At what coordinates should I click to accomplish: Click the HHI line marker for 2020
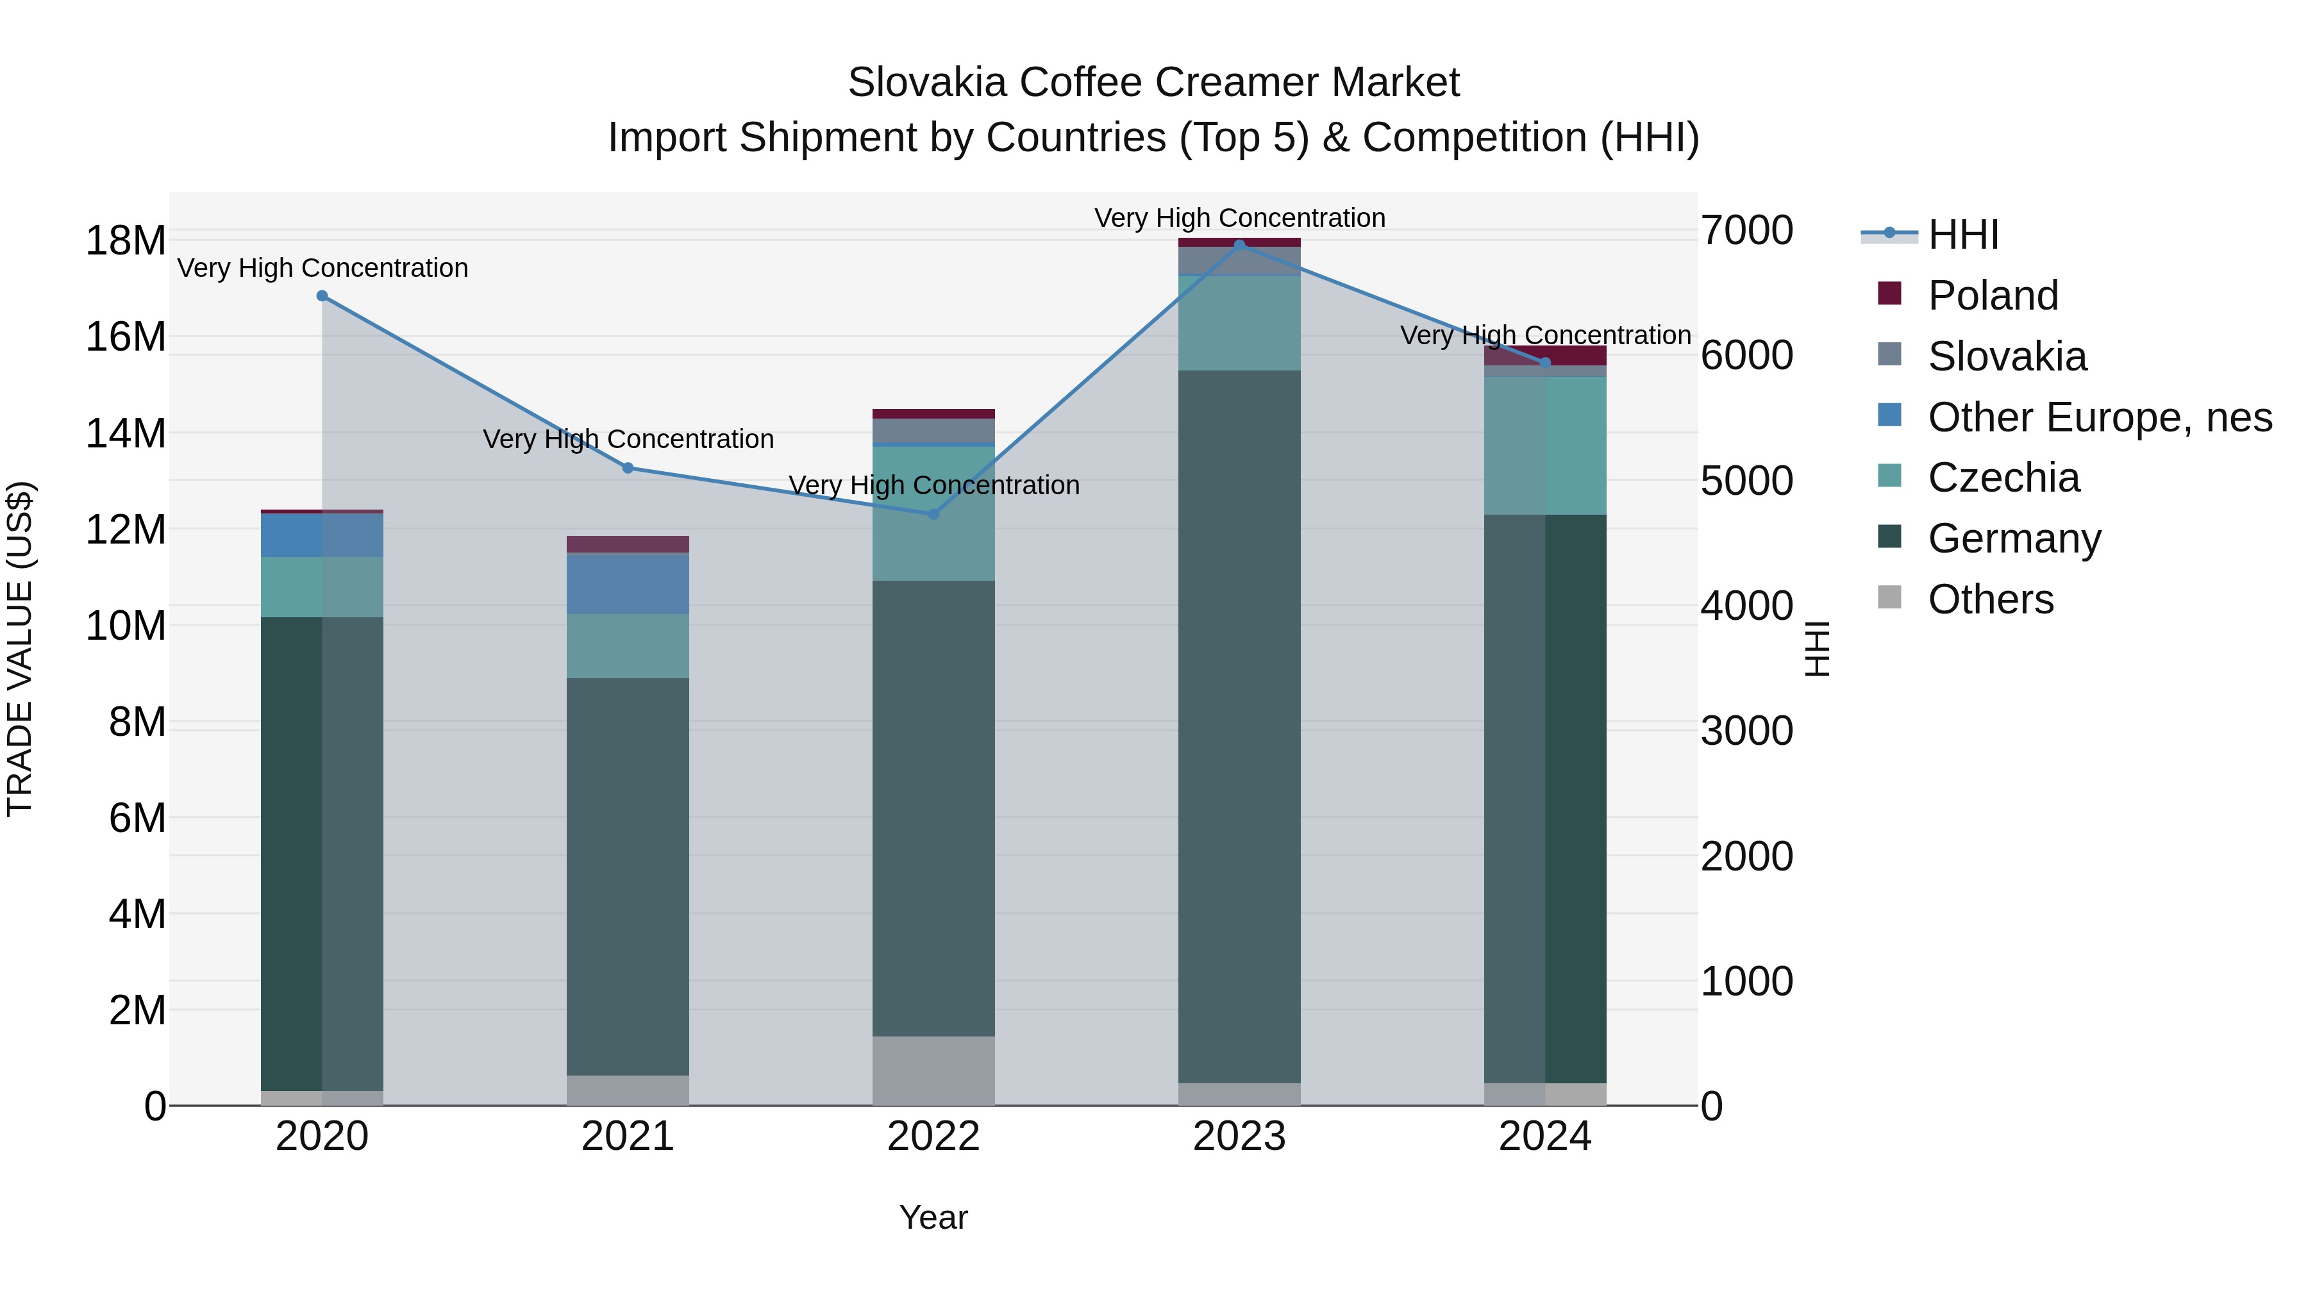point(322,295)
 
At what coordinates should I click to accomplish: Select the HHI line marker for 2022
point(933,514)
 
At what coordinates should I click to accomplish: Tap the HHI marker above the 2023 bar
point(1239,245)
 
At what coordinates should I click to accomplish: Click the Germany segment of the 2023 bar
point(1239,726)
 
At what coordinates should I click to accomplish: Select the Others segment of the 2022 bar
point(933,1070)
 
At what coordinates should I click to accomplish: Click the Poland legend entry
point(1992,295)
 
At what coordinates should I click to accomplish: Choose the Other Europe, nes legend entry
point(2099,417)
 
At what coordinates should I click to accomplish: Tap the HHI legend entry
point(1962,235)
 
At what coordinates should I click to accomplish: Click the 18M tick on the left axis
point(126,241)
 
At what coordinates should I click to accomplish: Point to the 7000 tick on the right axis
point(1746,231)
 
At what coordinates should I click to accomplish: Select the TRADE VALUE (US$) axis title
point(20,649)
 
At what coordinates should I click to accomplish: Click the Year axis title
point(933,1217)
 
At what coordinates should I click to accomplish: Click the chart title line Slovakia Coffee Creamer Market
point(1153,83)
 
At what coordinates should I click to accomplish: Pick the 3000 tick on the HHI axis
point(1746,731)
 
